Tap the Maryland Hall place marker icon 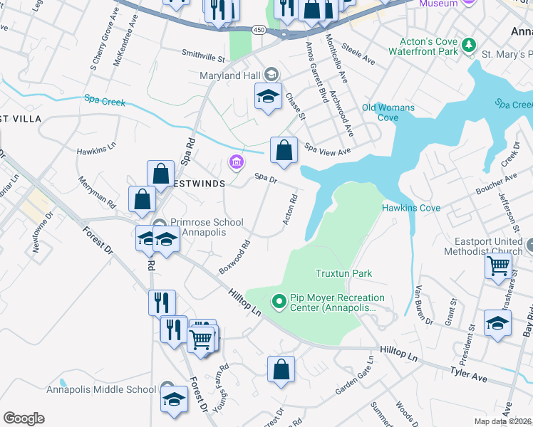(271, 73)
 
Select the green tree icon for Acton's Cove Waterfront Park (469, 46)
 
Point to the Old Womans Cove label (388, 112)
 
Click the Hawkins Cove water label (410, 208)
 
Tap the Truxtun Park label (345, 273)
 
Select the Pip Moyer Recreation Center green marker (279, 302)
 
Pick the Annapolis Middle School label (100, 389)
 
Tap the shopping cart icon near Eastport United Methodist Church (498, 265)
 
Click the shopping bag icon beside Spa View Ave (284, 151)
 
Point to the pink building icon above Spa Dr (235, 163)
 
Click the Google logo (24, 418)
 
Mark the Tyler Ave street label (467, 374)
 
